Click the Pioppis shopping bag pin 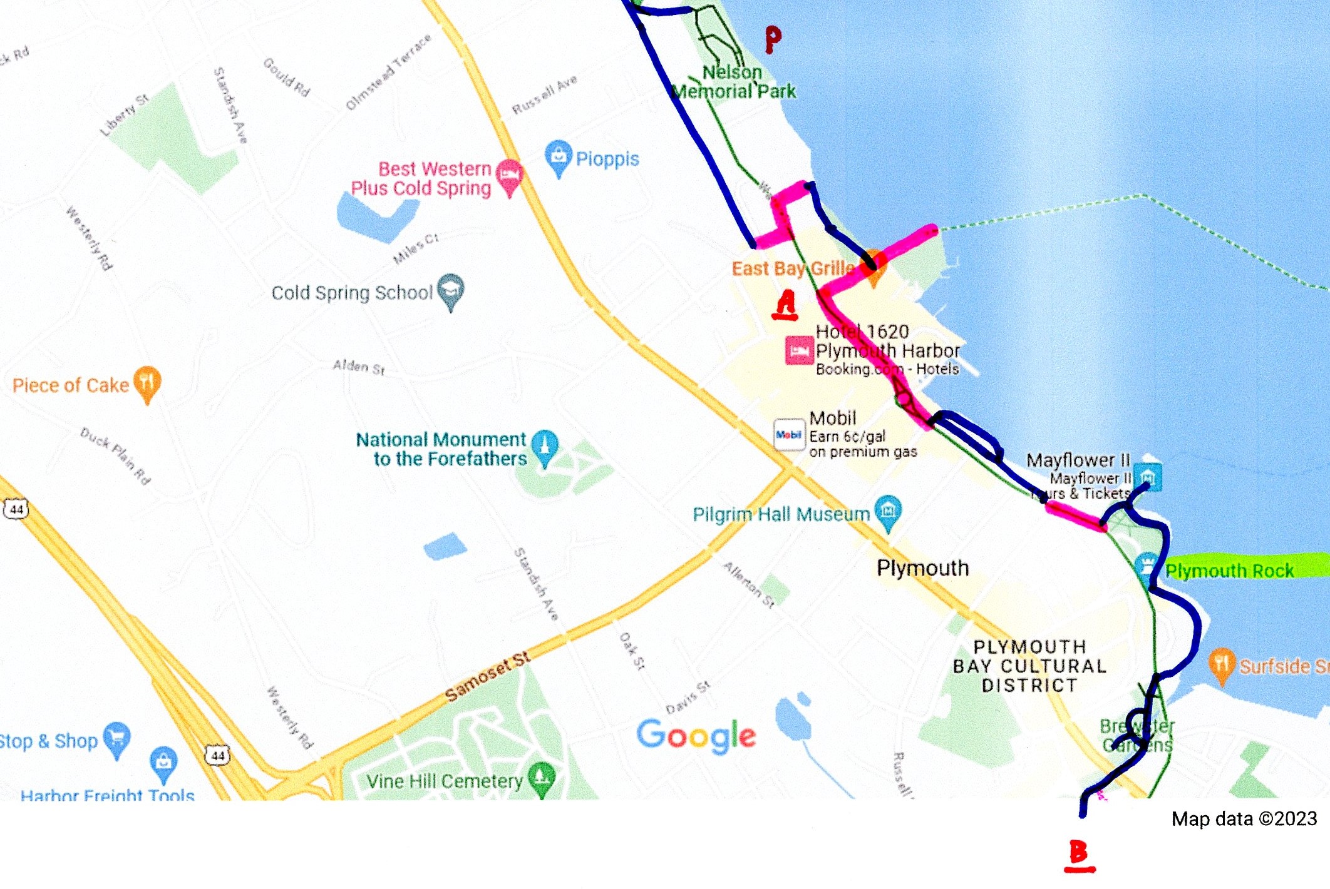pos(558,156)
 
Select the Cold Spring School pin pos(451,290)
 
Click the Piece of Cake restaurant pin pos(147,382)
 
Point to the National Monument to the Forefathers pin pos(544,446)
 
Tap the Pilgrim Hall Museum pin pos(888,511)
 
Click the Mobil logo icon pos(789,434)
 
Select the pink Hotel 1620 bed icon pos(800,350)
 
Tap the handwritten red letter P pos(773,39)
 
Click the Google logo pos(696,735)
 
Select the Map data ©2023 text pos(1244,818)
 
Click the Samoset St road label pos(487,676)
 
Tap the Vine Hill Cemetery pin pos(542,778)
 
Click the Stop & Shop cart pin pos(117,738)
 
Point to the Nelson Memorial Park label pos(733,82)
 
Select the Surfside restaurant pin pos(1222,664)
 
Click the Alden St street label pos(359,367)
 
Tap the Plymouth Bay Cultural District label pos(1029,666)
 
